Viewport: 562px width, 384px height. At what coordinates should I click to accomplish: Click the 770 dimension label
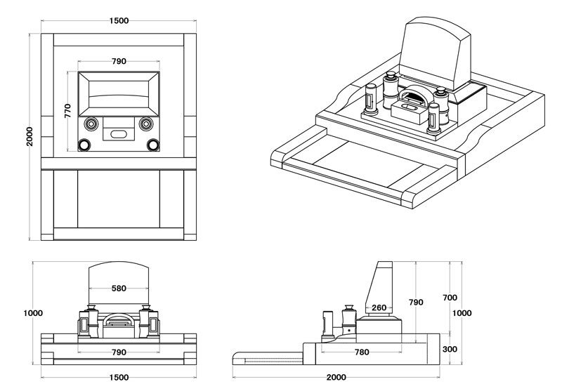[x=68, y=110]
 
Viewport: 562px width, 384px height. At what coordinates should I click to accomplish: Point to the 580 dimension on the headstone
[x=119, y=289]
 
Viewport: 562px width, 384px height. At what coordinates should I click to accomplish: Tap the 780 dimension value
[x=362, y=352]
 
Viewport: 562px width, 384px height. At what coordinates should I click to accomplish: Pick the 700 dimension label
[x=450, y=298]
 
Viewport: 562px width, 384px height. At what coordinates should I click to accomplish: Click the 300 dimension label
[x=450, y=348]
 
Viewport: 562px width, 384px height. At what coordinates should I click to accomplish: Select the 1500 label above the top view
[x=119, y=20]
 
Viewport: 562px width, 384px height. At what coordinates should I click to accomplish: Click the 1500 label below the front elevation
[x=119, y=377]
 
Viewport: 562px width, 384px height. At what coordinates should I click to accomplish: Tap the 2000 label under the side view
[x=336, y=377]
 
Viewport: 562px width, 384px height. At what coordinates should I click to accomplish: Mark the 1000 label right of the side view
[x=462, y=313]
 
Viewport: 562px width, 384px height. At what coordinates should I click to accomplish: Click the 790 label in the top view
[x=119, y=61]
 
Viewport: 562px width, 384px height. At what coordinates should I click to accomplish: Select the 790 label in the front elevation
[x=119, y=352]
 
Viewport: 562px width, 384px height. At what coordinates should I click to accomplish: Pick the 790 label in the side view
[x=416, y=303]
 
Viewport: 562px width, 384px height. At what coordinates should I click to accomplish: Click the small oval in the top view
[x=118, y=133]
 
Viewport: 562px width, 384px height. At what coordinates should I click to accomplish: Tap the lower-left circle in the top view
[x=84, y=145]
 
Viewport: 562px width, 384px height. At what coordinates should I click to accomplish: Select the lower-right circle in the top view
[x=153, y=145]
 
